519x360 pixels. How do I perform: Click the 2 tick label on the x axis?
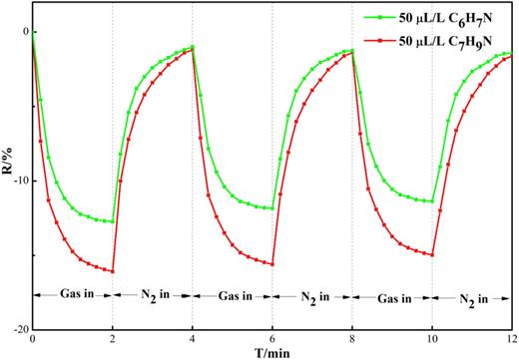[x=113, y=339]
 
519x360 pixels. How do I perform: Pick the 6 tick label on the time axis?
[x=272, y=339]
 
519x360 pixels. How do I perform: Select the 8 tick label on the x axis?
[x=352, y=339]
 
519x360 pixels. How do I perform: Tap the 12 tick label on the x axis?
[x=511, y=339]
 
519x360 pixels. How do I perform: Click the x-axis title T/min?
[x=270, y=352]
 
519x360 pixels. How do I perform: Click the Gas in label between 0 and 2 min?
[x=73, y=295]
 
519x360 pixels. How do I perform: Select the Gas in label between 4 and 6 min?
[x=233, y=295]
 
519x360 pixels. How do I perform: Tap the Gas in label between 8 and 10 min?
[x=392, y=295]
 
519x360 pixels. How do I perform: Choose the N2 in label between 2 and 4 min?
[x=153, y=296]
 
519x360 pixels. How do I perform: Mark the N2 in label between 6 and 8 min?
[x=312, y=296]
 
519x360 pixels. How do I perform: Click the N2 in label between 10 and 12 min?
[x=472, y=296]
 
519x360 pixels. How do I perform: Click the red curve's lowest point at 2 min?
[x=113, y=271]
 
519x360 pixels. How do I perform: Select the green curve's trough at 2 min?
[x=113, y=221]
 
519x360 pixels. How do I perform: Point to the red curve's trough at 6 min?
[x=272, y=263]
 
